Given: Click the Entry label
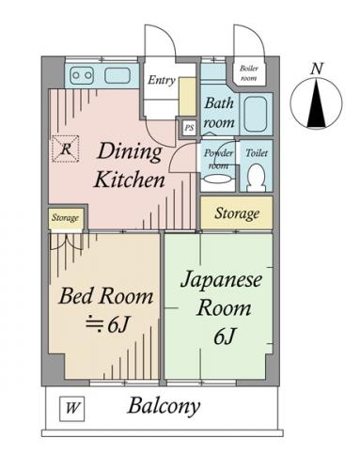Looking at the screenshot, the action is point(161,80).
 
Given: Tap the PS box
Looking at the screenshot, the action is point(189,128).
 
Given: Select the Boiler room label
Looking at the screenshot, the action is point(249,73).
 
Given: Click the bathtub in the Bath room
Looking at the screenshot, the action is point(255,114).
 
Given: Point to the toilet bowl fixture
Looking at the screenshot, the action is point(257,178).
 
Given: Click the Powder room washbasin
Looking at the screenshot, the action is point(218,180).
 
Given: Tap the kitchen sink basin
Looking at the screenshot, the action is point(117,75).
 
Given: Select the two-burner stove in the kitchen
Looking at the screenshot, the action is point(82,75).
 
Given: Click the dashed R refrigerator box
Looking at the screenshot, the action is point(65,149).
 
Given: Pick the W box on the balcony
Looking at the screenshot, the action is point(72,409).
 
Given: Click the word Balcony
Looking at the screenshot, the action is point(164,406).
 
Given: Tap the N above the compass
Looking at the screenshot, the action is point(317,69).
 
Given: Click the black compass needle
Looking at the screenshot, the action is point(316,104).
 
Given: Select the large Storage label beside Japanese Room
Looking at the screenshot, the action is point(237,213).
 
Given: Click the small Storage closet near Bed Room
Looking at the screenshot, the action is point(65,218).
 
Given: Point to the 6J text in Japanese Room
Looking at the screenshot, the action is point(225,337).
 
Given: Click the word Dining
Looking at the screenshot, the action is point(130,152).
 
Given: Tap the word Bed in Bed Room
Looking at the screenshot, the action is point(75,296).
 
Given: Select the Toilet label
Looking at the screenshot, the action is point(257,153).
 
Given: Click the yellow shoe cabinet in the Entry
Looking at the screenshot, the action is point(187,97).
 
